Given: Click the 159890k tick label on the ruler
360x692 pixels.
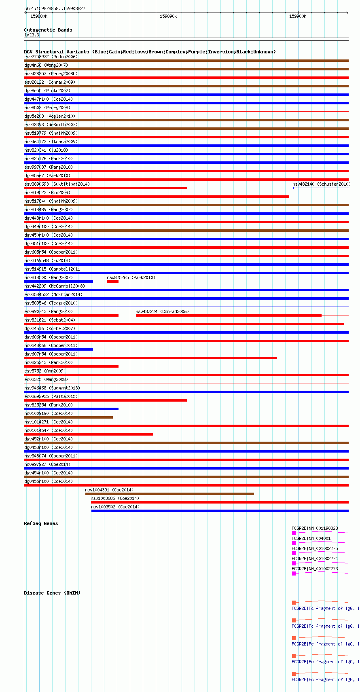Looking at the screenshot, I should [168, 16].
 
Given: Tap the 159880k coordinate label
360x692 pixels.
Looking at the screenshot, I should [39, 16].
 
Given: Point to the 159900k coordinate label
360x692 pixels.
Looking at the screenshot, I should [298, 16].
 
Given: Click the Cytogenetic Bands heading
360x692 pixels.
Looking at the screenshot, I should [48, 30].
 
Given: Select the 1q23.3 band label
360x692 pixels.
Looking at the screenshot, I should [32, 35].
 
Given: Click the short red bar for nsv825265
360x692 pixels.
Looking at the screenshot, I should [112, 281].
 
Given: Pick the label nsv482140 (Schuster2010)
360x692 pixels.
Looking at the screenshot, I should [321, 184].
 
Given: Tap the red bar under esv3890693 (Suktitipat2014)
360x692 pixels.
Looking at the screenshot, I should [106, 188].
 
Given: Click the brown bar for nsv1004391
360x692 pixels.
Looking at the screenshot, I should [169, 494].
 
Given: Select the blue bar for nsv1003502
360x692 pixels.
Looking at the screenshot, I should [220, 511].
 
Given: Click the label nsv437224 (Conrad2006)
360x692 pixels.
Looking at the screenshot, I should [162, 311].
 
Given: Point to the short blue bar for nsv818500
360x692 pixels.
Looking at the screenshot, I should [59, 281].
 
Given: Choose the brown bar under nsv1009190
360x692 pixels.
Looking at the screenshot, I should [68, 417].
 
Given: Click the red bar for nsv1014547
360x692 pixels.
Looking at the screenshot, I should [89, 434].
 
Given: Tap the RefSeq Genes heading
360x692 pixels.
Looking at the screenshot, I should [41, 523].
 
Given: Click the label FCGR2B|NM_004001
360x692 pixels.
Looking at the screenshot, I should [311, 538].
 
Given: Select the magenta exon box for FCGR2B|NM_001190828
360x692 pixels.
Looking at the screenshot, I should [294, 533].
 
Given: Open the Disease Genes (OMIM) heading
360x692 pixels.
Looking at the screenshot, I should [52, 593].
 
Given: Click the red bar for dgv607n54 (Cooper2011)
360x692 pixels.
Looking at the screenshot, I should [150, 358].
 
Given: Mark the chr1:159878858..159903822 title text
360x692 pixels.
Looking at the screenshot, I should [55, 8].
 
